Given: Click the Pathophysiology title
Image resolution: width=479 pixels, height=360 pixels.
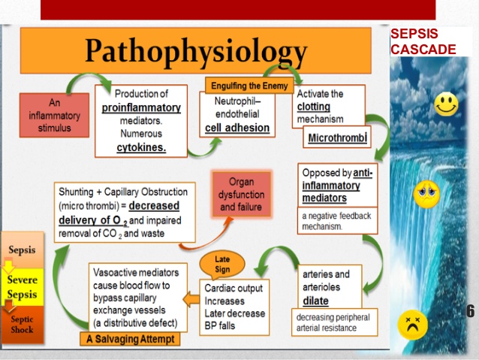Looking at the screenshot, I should click(x=195, y=50).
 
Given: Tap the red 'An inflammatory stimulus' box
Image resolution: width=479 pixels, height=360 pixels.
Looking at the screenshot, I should click(x=54, y=114).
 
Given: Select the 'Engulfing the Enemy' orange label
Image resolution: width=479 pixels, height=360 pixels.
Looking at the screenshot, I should click(x=248, y=85).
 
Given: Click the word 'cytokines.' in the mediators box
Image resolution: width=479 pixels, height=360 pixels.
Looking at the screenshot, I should click(x=141, y=147).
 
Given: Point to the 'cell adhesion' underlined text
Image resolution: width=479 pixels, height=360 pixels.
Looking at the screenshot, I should click(x=237, y=128).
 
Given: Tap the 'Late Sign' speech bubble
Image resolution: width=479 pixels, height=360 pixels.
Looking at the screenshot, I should click(x=222, y=264).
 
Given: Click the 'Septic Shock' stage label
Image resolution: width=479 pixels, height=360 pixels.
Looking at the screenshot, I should click(x=22, y=324).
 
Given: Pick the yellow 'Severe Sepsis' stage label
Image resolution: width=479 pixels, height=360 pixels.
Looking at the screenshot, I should click(x=22, y=287).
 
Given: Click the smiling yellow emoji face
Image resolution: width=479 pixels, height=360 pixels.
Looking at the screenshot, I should click(x=446, y=104).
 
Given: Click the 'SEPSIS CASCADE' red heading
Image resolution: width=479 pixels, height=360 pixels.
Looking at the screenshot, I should click(x=423, y=42).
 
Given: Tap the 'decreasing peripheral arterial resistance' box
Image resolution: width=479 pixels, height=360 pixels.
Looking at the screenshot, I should click(x=333, y=322).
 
